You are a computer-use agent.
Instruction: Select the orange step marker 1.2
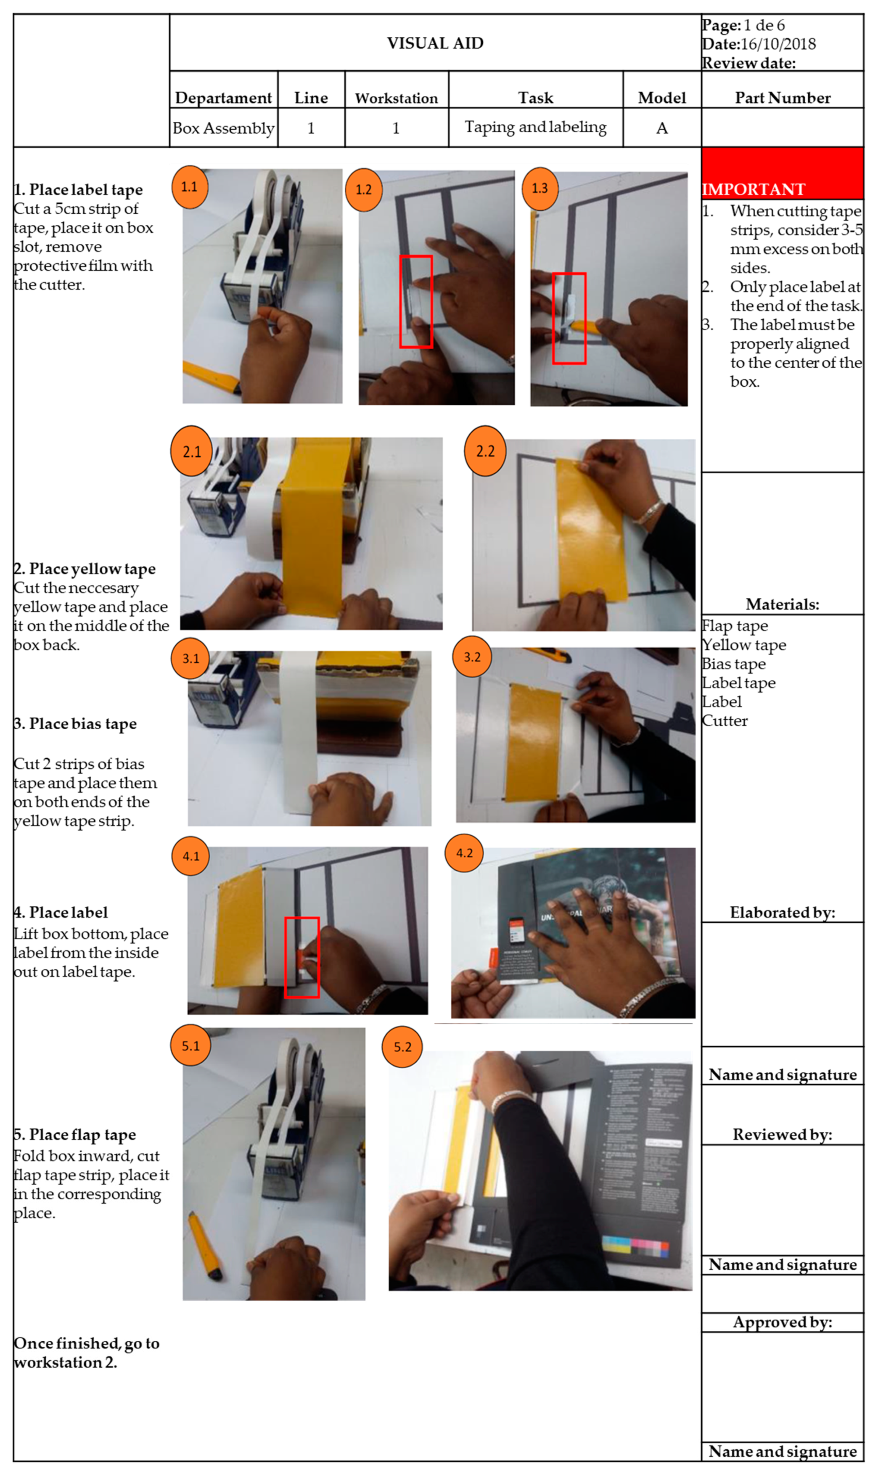click(364, 190)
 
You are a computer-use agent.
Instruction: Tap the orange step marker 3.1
click(190, 658)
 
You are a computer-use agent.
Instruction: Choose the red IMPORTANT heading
click(753, 189)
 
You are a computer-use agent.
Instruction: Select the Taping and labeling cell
click(535, 127)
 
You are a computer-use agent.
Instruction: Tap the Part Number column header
click(783, 98)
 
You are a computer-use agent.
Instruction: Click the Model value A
click(662, 128)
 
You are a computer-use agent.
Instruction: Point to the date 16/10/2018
click(778, 44)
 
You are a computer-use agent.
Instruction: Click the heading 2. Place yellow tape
click(85, 569)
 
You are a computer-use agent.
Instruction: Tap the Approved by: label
click(783, 1322)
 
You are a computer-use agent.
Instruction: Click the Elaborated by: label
click(783, 912)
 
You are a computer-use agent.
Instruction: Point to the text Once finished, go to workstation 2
click(87, 1352)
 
